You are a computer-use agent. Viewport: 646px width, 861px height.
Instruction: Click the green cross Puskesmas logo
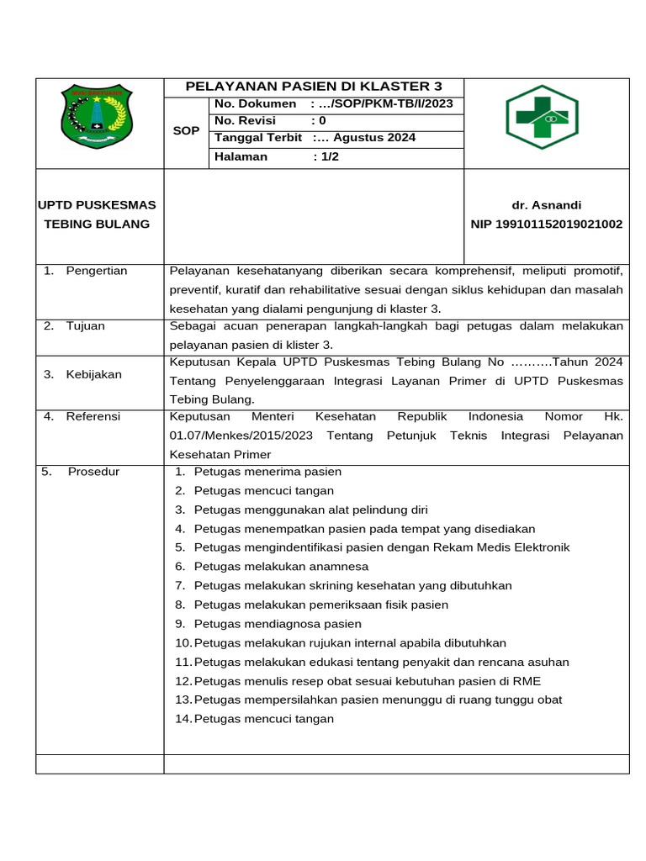coord(542,117)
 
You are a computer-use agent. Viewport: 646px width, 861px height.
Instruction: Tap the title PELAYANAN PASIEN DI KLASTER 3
coord(313,87)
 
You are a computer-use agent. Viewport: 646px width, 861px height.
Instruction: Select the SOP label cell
coord(186,131)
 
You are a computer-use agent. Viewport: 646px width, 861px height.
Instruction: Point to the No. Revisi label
coord(245,120)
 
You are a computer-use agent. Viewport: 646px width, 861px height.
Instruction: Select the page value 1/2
coord(326,156)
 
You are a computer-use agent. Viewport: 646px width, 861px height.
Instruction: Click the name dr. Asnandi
coord(546,205)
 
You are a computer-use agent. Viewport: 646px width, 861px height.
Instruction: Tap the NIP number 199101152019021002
coord(546,224)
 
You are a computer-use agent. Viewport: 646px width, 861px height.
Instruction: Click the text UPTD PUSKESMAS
coord(98,205)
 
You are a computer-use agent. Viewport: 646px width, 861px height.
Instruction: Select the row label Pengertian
coord(96,271)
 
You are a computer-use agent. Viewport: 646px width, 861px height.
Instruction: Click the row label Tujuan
coord(85,325)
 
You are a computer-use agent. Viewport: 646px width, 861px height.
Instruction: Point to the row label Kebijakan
coord(93,374)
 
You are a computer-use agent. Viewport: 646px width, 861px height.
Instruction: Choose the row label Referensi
coord(93,416)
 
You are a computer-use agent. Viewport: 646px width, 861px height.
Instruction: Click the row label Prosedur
coord(93,472)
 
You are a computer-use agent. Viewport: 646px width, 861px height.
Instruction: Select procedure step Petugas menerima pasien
coord(267,472)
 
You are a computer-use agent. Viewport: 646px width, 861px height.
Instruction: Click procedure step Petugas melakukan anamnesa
coord(281,567)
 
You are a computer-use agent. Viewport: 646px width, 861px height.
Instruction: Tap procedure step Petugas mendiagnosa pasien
coord(278,624)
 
